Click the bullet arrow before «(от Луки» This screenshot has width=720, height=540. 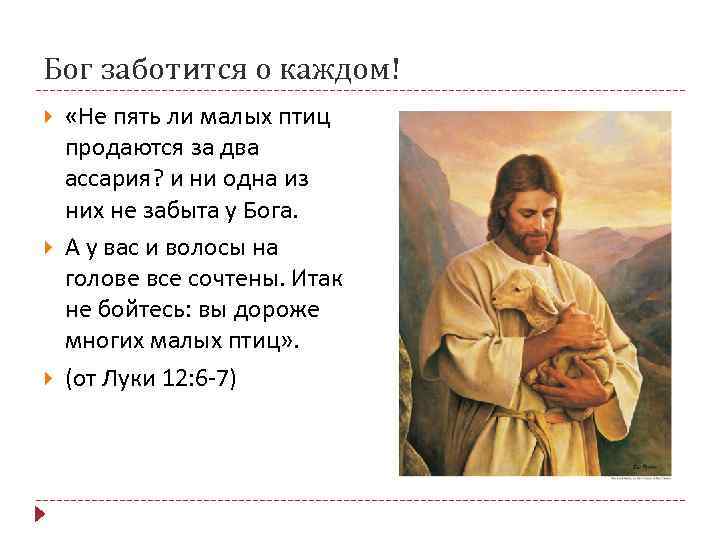49,380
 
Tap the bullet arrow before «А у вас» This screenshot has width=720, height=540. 49,246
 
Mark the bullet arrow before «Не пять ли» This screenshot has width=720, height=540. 49,118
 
